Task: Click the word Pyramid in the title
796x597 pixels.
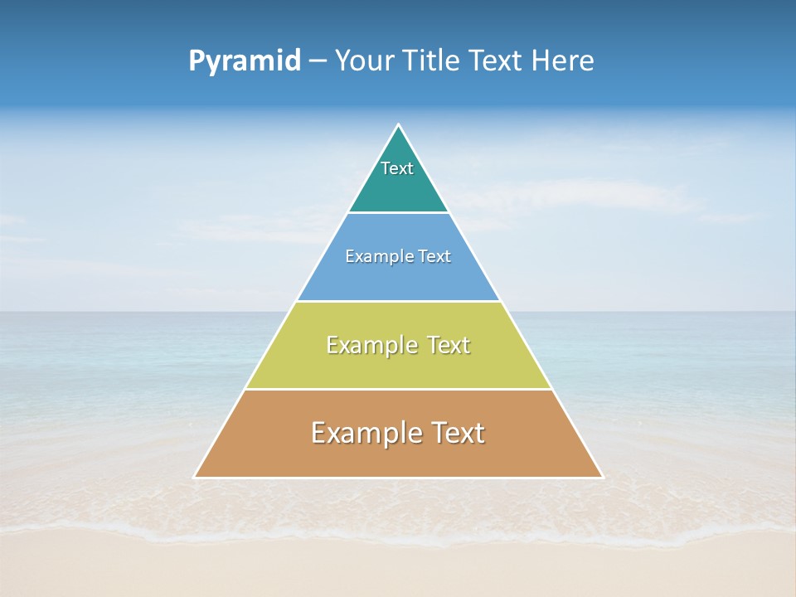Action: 245,61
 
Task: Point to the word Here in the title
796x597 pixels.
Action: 563,61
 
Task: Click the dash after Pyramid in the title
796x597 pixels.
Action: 317,61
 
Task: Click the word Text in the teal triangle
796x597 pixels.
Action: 397,168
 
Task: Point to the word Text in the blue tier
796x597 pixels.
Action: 434,256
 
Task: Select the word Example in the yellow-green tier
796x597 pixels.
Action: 370,345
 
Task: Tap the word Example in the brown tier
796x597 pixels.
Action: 362,433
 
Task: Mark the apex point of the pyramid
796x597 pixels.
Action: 398,125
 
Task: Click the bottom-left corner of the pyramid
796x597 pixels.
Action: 195,477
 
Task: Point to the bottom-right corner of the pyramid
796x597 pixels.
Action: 602,477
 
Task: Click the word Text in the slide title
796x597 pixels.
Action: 497,61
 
